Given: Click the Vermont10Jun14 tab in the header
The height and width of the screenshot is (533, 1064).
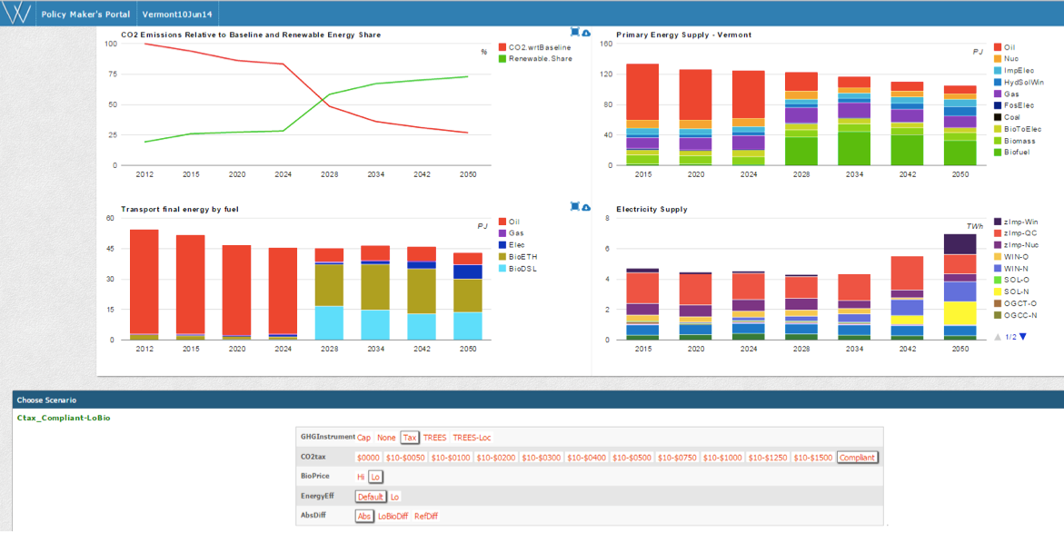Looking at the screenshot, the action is pos(178,15).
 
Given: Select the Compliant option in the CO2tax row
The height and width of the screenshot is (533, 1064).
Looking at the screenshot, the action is pos(857,458).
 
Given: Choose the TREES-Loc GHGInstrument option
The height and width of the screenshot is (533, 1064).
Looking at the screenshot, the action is pos(472,438).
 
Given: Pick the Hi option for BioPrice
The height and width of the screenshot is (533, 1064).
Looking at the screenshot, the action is pos(361,478).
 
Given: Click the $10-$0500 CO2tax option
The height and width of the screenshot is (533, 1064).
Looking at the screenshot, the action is pos(631,458).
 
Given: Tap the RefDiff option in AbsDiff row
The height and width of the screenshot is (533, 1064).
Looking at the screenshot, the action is pos(426,516).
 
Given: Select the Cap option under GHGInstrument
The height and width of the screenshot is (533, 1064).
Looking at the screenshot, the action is pos(364,438).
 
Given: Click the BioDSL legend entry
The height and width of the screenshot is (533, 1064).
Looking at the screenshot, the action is pos(518,269).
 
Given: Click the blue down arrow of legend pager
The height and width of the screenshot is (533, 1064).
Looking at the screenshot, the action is pos(1022,336).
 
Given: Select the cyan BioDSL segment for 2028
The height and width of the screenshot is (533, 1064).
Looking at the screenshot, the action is pos(329,322).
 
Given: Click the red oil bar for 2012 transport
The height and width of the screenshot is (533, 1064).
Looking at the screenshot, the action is pos(144,281).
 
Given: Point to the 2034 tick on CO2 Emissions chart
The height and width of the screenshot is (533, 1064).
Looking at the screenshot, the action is pos(376,174).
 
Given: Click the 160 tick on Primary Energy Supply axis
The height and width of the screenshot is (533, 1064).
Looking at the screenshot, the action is pos(606,44).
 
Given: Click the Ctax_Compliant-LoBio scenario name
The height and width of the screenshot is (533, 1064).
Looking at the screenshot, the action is pos(64,418).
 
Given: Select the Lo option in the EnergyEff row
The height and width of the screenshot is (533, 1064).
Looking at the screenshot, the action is pos(395,497).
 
